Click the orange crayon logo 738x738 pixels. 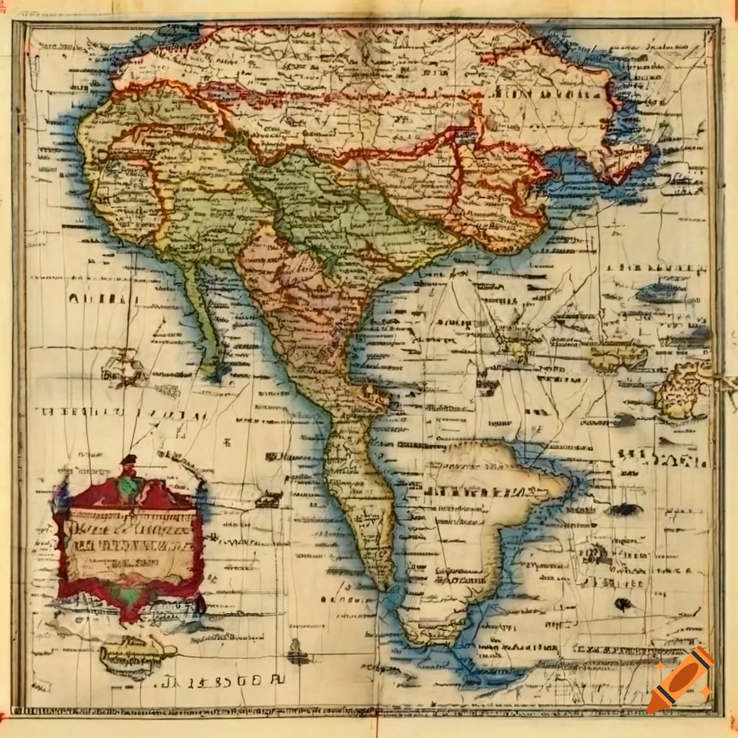tap(680, 681)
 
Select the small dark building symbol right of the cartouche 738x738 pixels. tap(270, 498)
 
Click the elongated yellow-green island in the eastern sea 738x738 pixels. tap(618, 355)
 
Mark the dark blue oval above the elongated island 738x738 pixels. tap(659, 292)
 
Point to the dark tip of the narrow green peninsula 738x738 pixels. tap(215, 372)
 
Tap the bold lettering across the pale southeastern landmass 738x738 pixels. tap(476, 492)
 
